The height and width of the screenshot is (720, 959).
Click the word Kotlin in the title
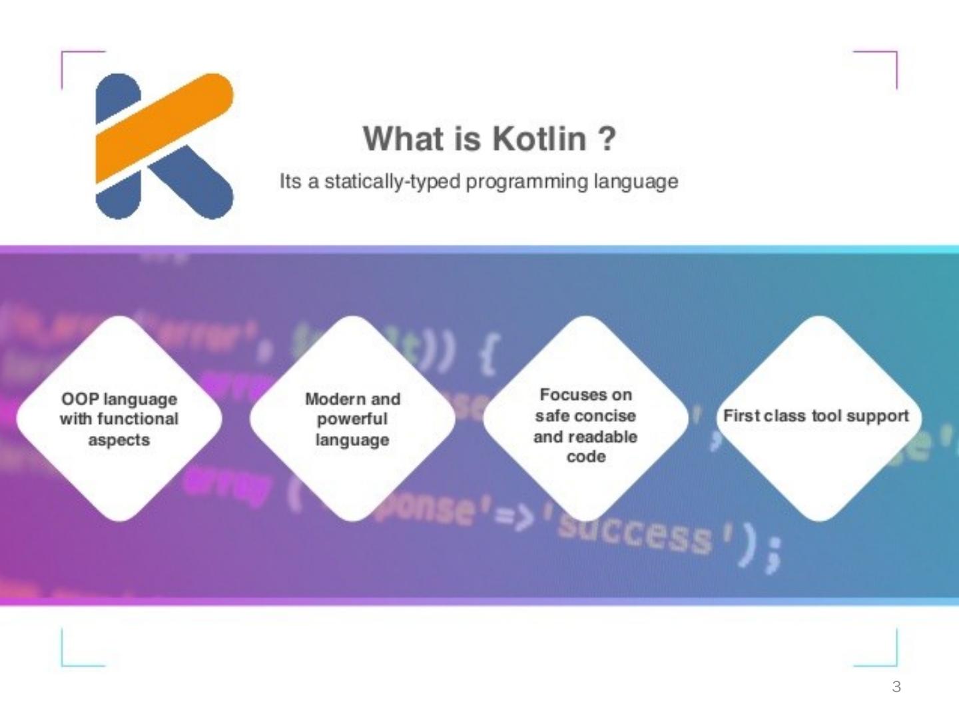tap(539, 139)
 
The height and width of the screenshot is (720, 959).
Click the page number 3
tap(896, 687)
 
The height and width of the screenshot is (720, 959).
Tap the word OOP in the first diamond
tap(80, 399)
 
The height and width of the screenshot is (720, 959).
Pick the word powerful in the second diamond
tap(352, 419)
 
